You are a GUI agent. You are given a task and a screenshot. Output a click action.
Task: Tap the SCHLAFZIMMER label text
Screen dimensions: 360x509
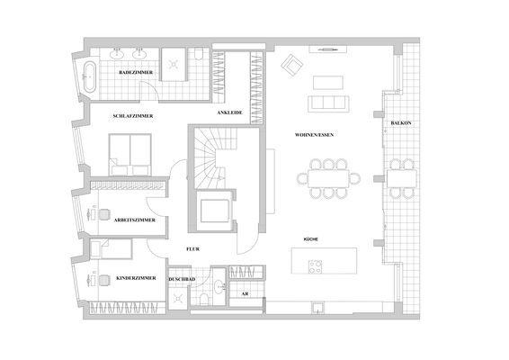click(133, 116)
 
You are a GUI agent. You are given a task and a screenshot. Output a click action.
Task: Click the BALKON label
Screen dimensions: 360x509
click(402, 123)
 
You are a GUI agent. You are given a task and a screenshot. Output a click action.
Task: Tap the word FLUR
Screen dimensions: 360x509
click(192, 247)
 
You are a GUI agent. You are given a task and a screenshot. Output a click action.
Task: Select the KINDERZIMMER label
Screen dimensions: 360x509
click(137, 279)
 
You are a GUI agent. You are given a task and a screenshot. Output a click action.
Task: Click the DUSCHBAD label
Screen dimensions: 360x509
click(182, 279)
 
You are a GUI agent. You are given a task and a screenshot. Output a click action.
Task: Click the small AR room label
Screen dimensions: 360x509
click(245, 293)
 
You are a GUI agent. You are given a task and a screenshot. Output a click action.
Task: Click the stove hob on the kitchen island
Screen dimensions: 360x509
click(317, 266)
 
